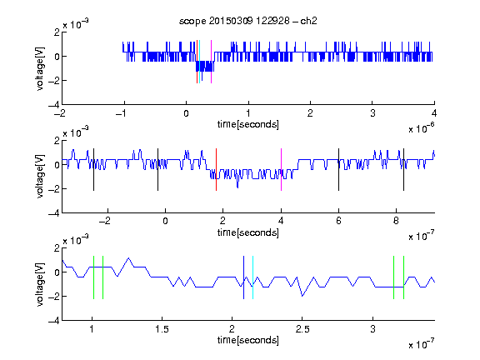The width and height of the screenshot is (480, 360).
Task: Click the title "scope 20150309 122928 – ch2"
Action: [x=248, y=21]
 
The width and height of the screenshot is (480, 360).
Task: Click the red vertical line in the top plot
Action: [x=197, y=62]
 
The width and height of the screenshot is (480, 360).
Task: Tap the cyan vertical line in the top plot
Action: [x=199, y=62]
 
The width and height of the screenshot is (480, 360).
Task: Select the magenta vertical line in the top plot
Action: [x=211, y=62]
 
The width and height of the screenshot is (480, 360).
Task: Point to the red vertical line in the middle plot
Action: [x=216, y=170]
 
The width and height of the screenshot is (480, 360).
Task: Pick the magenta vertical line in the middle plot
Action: [x=281, y=170]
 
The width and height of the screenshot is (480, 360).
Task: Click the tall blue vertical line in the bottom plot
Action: [x=243, y=277]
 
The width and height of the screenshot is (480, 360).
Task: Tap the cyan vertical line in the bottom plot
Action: [x=252, y=277]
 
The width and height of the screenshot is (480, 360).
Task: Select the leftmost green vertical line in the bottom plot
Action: [x=93, y=277]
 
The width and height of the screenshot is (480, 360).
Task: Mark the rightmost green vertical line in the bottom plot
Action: [x=404, y=277]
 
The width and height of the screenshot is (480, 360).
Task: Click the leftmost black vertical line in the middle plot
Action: [x=93, y=170]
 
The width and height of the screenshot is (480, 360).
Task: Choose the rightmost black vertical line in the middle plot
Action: [x=403, y=170]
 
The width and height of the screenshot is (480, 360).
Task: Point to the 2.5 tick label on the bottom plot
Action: [x=302, y=329]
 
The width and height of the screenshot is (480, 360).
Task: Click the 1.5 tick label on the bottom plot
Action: [x=162, y=329]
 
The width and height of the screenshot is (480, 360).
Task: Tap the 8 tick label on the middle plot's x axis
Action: [x=396, y=221]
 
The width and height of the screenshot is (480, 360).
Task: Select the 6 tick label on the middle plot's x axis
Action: [x=338, y=221]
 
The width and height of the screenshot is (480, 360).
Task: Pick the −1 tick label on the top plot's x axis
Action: [x=122, y=113]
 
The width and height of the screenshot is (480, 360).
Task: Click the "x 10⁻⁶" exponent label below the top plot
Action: [x=422, y=128]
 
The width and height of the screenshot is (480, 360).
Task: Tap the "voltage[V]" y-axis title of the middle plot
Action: [x=40, y=177]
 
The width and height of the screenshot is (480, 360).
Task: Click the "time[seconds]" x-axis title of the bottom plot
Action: [x=248, y=340]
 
